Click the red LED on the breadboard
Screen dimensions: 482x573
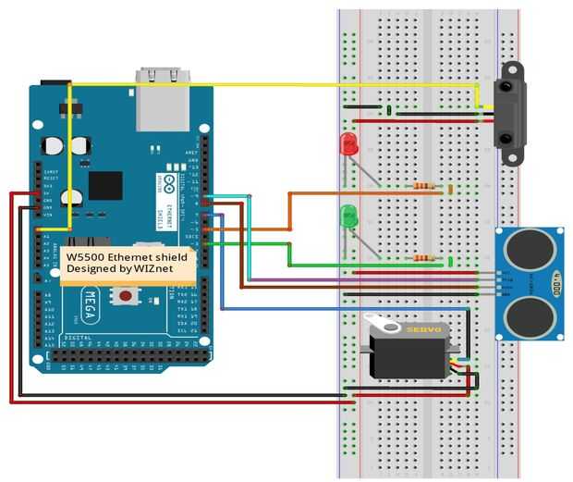pos(348,143)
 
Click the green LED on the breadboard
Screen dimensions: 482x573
pos(349,217)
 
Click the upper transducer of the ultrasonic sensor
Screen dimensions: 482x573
pos(529,247)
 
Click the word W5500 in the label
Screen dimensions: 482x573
pos(85,256)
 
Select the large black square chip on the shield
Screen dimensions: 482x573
pos(105,185)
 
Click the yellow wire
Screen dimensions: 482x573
pos(277,85)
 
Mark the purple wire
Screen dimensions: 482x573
pos(370,279)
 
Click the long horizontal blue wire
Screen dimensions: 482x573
pos(351,308)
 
